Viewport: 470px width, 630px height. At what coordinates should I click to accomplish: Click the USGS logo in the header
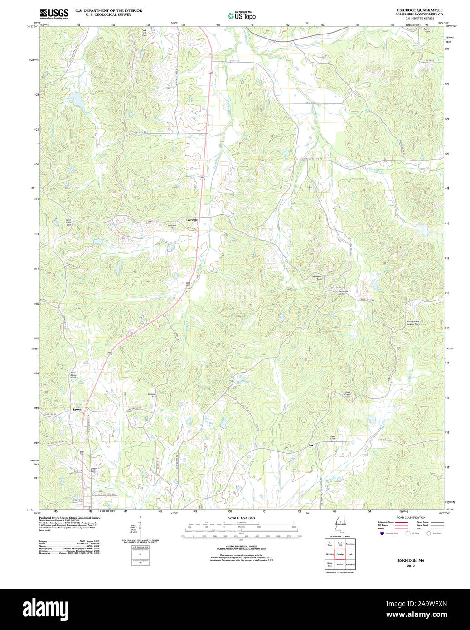53,13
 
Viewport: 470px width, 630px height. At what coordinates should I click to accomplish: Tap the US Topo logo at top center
242,15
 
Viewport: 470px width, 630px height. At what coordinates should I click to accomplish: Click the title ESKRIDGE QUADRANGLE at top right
413,10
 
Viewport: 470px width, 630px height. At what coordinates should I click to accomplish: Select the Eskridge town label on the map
191,220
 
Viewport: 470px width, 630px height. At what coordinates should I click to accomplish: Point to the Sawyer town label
78,409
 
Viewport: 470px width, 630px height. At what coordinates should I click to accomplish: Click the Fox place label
311,445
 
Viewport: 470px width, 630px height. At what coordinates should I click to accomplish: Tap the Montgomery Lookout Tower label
413,323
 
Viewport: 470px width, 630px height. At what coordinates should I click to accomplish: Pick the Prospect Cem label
152,395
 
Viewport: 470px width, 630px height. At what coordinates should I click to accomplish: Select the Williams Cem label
172,226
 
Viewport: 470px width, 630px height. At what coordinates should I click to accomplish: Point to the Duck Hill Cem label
144,33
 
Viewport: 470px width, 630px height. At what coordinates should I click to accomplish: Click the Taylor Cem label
426,30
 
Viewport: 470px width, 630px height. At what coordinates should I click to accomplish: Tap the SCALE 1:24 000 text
241,518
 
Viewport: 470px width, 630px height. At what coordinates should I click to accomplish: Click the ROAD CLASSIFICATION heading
411,517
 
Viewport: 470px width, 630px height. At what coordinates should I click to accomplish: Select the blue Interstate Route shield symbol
382,533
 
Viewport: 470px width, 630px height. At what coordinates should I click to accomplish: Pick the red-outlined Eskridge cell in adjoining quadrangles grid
340,554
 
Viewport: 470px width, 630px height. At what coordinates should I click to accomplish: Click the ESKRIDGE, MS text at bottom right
411,560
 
